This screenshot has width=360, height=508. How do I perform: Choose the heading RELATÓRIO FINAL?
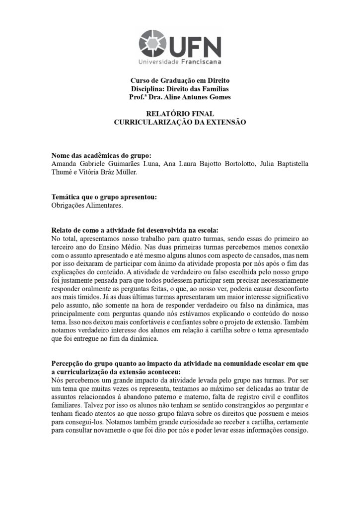click(x=180, y=114)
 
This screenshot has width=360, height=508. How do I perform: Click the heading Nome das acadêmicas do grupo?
click(x=101, y=156)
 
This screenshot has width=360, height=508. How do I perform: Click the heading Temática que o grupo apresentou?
click(x=104, y=197)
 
